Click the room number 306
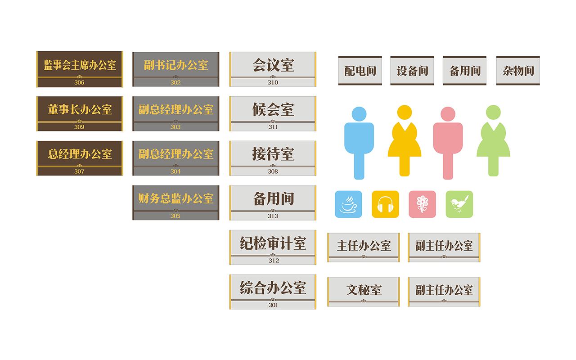coord(79,82)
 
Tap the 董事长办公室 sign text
coord(80,109)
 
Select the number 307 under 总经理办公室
coord(79,171)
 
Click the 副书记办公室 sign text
coord(176,65)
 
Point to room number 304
coord(175,171)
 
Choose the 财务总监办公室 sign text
coord(176,198)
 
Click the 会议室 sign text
coord(273,65)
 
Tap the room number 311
coord(273,127)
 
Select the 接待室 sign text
coord(273,154)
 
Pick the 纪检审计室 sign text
coord(273,243)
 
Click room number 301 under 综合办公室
coord(273,305)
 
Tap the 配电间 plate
coord(360,71)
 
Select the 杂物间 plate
coord(518,71)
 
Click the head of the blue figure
coord(359,114)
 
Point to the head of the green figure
coord(493,112)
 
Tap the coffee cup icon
coord(348,204)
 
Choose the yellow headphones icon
coord(385,204)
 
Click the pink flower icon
coord(422,204)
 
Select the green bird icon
coord(459,204)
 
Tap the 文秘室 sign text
coord(364,290)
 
